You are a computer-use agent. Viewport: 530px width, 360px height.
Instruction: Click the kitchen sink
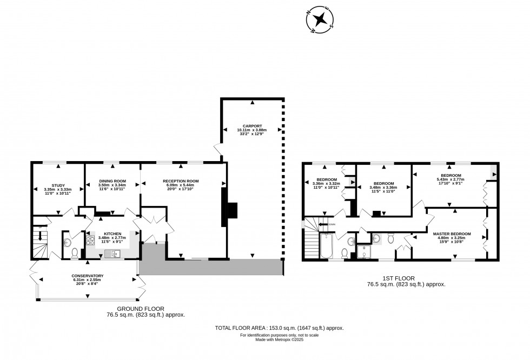(x=114, y=253)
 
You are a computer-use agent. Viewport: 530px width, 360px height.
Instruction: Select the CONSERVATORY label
(x=88, y=276)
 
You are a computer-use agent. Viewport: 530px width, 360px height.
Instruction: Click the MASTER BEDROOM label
(x=452, y=234)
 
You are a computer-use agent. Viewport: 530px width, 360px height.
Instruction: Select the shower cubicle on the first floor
(x=365, y=251)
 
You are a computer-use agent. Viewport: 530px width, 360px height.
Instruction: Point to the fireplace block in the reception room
(x=231, y=209)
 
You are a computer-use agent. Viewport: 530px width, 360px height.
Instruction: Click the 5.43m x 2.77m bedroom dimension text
(x=451, y=179)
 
